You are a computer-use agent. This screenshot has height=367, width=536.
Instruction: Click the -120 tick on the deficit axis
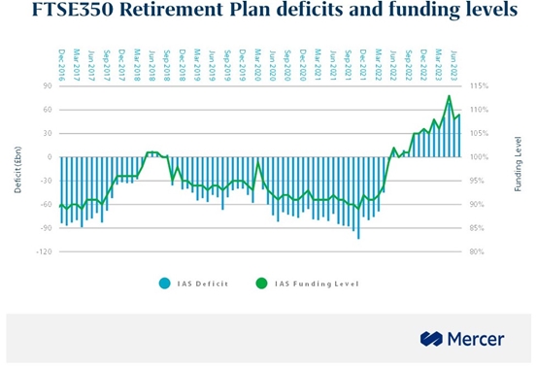(x=44, y=251)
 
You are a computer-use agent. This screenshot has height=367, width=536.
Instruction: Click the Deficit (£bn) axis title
(x=17, y=169)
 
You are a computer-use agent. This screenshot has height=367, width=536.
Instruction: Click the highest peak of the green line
(x=449, y=95)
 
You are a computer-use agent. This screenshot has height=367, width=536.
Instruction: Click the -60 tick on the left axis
(x=46, y=204)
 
